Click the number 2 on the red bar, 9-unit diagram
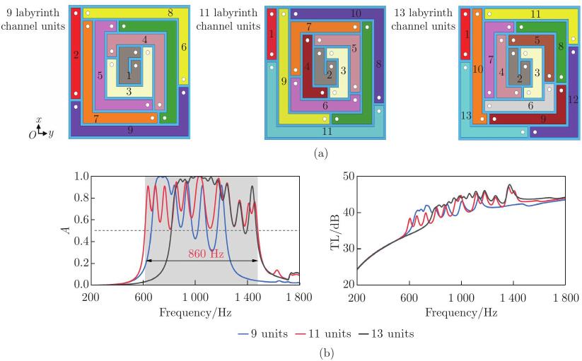point(76,53)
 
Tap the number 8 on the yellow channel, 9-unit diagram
point(170,13)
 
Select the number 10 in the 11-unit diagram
point(356,13)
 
